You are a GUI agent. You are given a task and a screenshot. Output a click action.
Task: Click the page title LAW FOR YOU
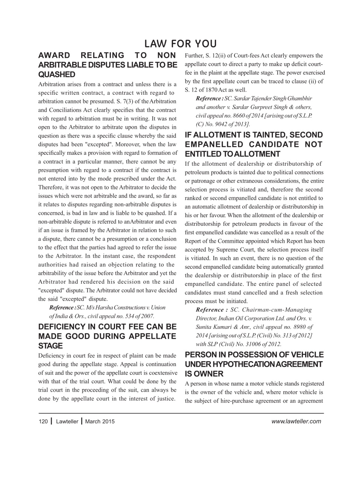tap(180, 44)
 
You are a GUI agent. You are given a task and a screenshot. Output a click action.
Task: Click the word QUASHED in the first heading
tap(57, 74)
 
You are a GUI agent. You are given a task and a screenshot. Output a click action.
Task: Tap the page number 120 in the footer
tap(43, 422)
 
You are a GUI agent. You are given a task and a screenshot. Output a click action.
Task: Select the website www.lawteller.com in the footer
tap(296, 421)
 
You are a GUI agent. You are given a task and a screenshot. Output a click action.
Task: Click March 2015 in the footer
tap(100, 422)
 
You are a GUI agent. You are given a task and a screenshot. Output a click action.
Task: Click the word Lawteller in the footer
tap(67, 422)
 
